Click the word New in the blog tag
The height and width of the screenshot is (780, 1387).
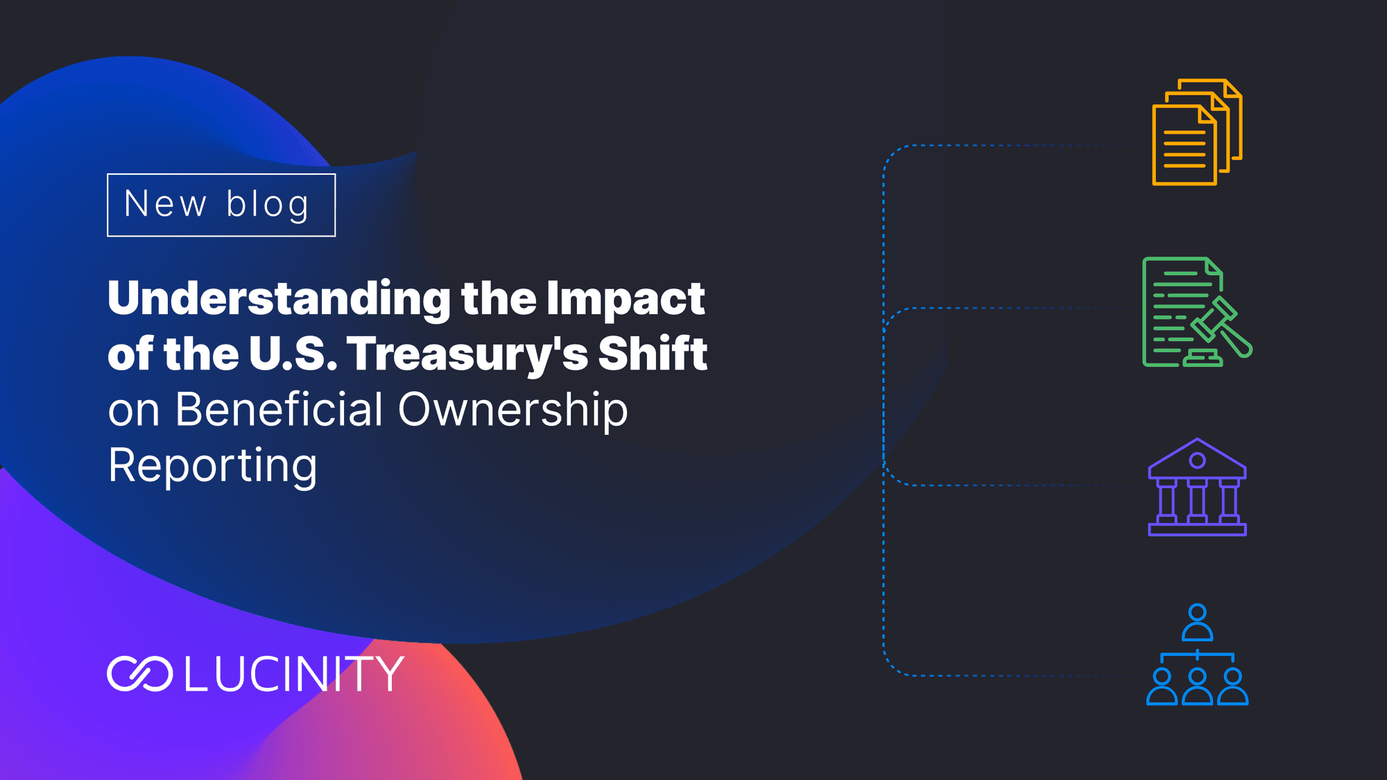click(165, 204)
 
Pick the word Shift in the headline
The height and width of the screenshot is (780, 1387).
click(653, 354)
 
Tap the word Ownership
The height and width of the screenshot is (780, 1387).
click(513, 411)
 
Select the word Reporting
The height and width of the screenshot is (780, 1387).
click(213, 467)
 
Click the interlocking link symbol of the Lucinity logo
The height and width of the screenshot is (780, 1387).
click(140, 674)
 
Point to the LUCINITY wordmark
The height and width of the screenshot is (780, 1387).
click(294, 674)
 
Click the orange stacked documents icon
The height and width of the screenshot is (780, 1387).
click(1197, 132)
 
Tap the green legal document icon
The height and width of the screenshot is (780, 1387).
click(1197, 312)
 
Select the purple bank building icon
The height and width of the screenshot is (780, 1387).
click(1197, 487)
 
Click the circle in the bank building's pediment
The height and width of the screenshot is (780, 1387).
click(1197, 460)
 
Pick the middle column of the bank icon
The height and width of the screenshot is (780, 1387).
click(1197, 500)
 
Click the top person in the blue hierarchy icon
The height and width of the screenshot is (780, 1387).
click(1197, 623)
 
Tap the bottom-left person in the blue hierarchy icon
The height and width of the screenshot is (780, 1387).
click(1162, 686)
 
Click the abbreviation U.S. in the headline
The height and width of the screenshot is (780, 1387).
click(293, 354)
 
